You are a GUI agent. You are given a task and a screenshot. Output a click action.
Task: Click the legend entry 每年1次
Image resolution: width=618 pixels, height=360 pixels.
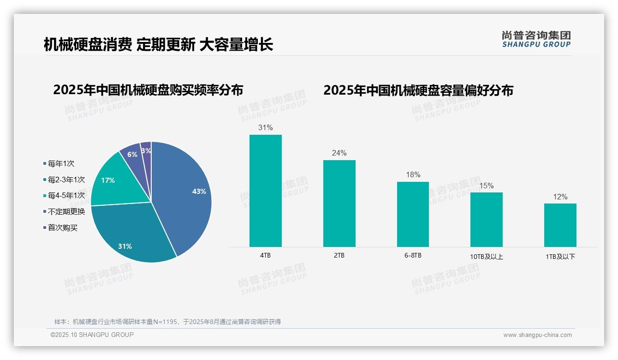[x=61, y=164]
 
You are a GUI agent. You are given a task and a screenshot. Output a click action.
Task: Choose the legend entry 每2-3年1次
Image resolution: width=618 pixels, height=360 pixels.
[x=66, y=180]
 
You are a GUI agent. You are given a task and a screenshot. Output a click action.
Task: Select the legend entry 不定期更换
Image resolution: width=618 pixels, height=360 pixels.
[x=66, y=212]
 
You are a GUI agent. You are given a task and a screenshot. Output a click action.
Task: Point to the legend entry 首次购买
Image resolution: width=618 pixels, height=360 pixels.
[x=63, y=228]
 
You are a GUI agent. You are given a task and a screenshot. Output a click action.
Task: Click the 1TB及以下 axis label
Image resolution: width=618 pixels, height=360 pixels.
[x=560, y=257]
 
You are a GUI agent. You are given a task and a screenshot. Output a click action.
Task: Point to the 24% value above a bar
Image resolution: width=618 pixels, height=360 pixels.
[x=339, y=153]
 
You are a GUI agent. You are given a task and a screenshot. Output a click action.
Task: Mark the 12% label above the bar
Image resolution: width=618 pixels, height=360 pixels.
[x=560, y=197]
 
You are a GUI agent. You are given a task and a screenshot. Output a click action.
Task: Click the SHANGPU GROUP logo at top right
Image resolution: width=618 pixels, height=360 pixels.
[x=536, y=39]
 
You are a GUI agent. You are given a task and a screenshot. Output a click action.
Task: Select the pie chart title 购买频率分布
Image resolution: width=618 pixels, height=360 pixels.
[x=148, y=90]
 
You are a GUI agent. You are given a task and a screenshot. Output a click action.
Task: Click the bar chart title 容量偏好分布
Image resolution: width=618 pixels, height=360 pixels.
[x=418, y=90]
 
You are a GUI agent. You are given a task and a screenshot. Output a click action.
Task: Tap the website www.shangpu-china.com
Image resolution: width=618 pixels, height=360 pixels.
[x=537, y=335]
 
